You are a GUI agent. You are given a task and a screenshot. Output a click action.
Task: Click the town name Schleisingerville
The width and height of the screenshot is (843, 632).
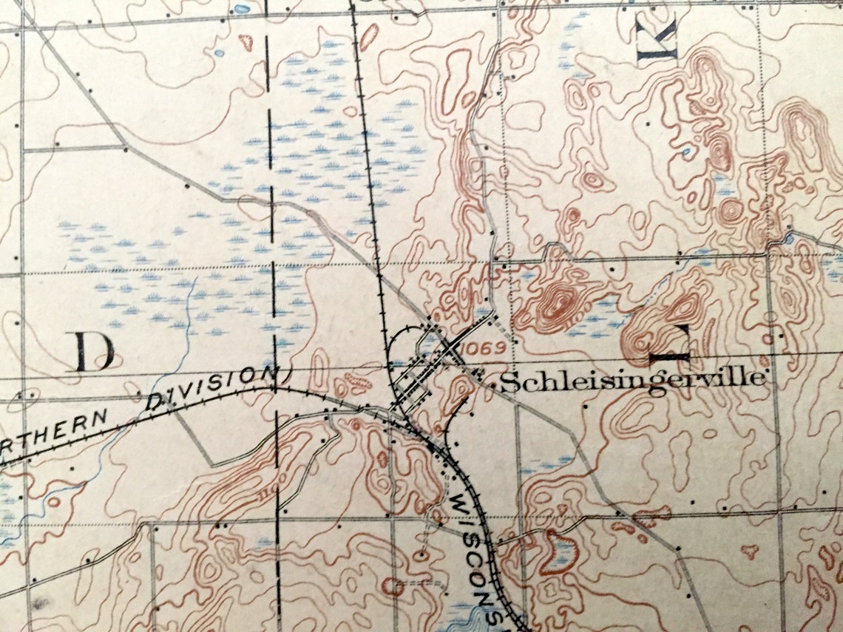(x=632, y=380)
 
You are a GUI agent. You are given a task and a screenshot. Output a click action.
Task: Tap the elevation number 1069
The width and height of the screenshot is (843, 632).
(x=482, y=347)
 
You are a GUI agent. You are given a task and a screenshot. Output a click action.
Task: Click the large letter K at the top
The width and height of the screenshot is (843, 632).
(x=657, y=38)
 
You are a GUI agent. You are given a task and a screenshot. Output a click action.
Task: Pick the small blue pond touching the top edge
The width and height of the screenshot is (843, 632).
(x=242, y=9)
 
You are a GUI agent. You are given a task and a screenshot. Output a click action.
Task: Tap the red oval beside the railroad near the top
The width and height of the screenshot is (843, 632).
(x=368, y=35)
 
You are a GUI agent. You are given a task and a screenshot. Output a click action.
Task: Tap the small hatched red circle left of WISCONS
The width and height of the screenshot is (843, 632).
(x=393, y=588)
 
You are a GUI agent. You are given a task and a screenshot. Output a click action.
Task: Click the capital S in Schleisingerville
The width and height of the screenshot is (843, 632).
(x=507, y=381)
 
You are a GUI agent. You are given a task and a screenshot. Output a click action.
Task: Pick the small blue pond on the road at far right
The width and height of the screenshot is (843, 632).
(x=788, y=239)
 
